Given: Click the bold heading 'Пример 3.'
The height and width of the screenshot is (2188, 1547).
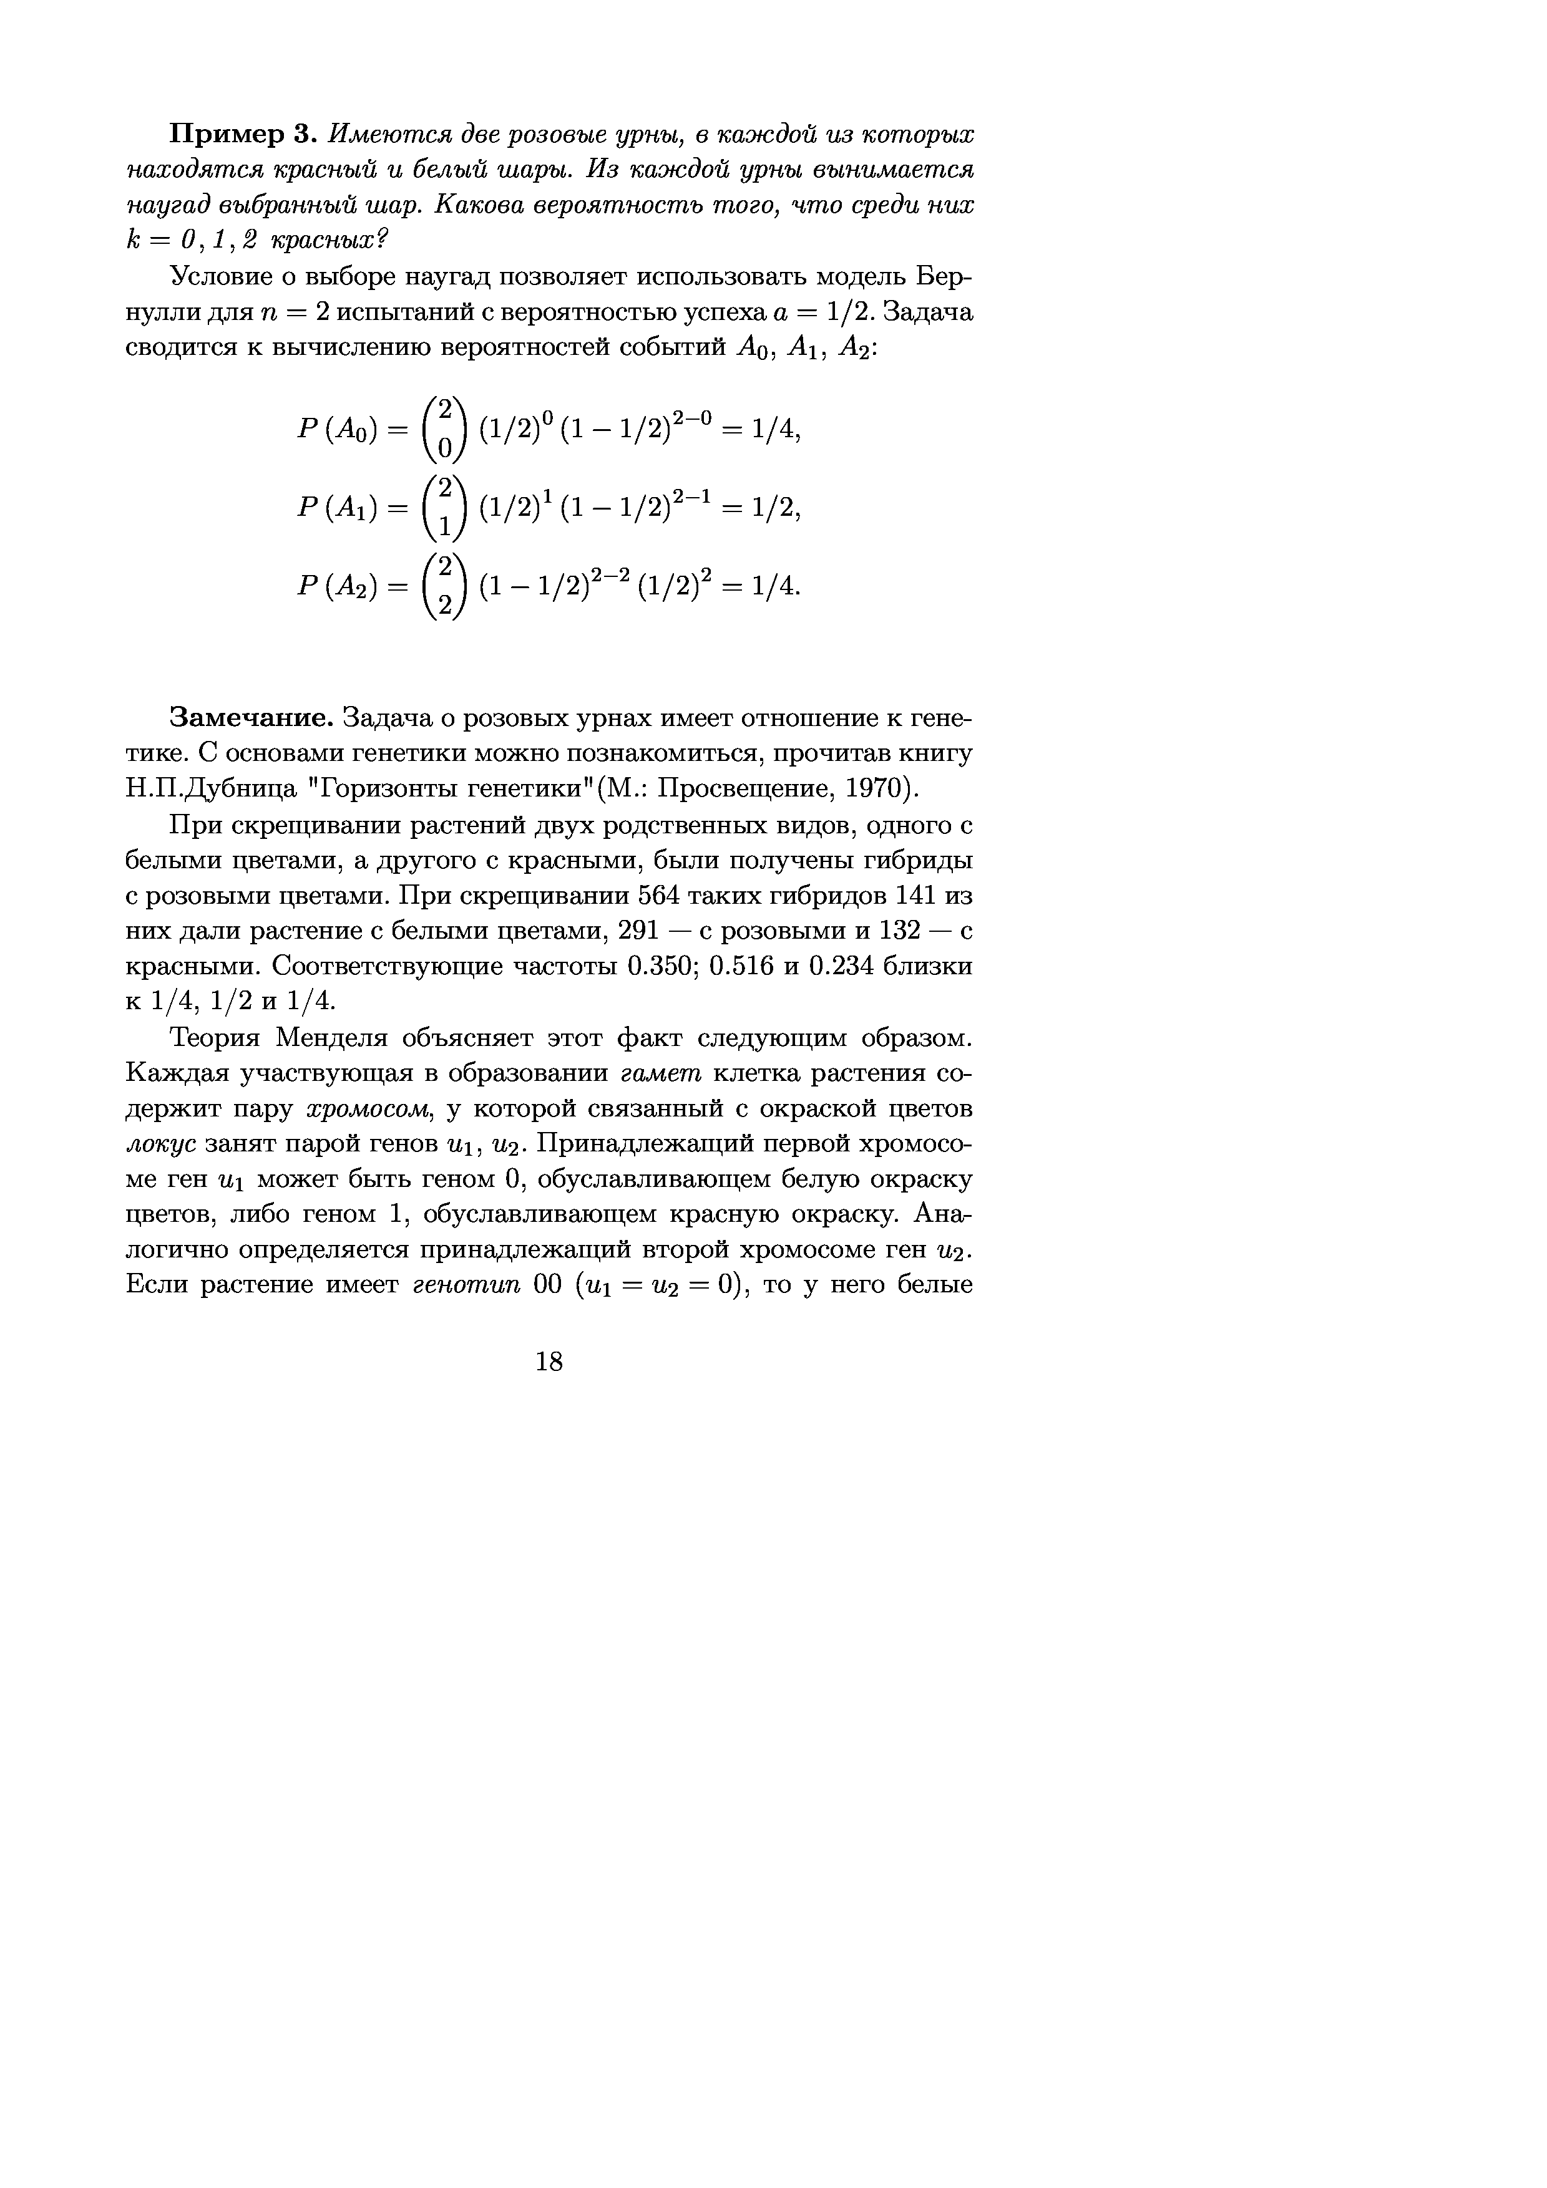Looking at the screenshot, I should click(x=243, y=135).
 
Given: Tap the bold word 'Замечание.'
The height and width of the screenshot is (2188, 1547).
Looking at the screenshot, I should click(x=251, y=717).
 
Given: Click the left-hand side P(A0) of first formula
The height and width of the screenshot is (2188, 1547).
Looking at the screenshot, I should click(x=339, y=431).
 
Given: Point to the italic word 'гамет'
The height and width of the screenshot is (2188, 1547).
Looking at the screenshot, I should click(x=661, y=1074).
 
